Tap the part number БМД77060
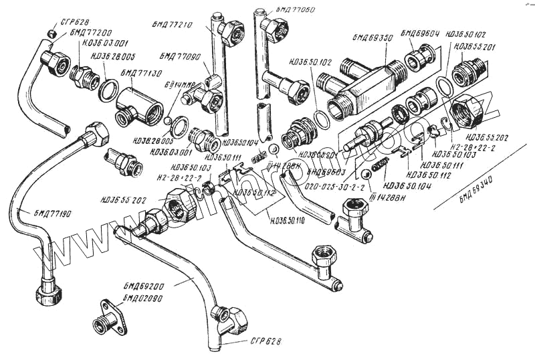[x=294, y=9]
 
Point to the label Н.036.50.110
[x=286, y=220]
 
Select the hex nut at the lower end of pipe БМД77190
[x=49, y=293]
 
